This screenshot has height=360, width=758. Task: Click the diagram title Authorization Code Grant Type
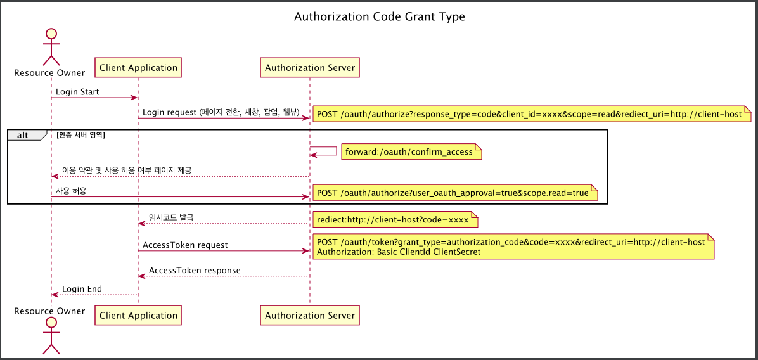pos(379,17)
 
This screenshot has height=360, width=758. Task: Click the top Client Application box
pos(138,67)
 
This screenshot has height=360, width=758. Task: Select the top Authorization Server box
pos(310,67)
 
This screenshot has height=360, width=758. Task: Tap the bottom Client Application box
pos(138,315)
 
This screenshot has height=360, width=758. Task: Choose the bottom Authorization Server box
pos(310,315)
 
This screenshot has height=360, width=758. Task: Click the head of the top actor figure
pos(51,34)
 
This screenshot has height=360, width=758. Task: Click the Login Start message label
pos(77,92)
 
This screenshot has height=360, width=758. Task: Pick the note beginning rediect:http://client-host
pos(393,220)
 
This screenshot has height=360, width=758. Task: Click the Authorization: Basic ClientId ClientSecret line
pos(399,252)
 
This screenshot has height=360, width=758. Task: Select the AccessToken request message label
pos(185,245)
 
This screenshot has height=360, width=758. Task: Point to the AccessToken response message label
pos(195,270)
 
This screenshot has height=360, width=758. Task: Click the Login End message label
pos(82,289)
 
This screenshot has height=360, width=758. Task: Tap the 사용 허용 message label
pos(71,190)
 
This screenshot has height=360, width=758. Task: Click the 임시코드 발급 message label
pos(171,217)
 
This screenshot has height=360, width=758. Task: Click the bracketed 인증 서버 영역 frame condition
pos(80,135)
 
